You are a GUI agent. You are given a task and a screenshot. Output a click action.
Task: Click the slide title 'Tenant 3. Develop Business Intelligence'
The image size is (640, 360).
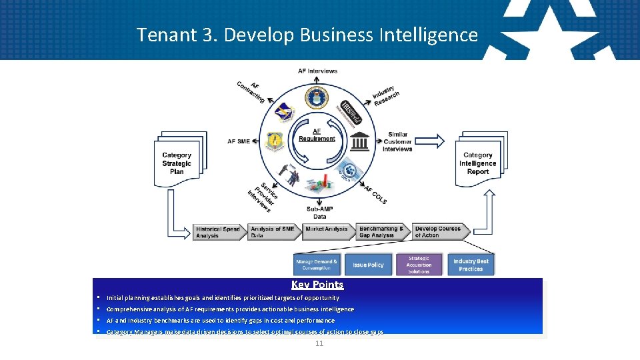point(307,35)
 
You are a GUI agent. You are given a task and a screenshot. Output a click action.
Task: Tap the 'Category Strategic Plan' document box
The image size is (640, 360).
point(177,163)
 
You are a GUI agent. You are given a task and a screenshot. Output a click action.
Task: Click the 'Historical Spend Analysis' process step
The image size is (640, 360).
point(219,232)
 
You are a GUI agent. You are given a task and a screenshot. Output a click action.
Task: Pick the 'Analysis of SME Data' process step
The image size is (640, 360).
point(273,232)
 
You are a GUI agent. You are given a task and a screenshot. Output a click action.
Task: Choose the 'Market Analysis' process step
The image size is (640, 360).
point(327,230)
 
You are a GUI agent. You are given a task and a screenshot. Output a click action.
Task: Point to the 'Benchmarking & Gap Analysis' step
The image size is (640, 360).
point(382,232)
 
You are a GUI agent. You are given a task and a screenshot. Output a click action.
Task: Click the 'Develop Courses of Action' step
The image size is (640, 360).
point(438,232)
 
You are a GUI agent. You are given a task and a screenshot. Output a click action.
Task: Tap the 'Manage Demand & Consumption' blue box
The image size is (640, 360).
point(317,265)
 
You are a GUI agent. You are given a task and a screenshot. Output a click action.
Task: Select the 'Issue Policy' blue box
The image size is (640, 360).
point(368,265)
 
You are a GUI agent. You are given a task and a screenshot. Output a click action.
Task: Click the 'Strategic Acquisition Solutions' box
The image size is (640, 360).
point(419,265)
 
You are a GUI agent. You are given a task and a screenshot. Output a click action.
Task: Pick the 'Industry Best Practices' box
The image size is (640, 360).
point(471,265)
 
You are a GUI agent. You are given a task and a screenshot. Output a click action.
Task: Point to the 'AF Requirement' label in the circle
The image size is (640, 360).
point(317,135)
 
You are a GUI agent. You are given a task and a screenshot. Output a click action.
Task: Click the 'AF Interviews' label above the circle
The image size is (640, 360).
point(317,71)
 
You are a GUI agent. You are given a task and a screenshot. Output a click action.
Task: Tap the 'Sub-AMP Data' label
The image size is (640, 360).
point(321,213)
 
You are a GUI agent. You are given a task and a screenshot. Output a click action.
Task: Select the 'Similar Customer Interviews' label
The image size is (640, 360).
point(397,142)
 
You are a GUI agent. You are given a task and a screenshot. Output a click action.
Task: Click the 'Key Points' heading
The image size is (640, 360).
point(317,285)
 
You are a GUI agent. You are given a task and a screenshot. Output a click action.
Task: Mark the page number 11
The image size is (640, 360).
point(319,343)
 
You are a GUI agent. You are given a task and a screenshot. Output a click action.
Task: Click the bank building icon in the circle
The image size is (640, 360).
point(361,142)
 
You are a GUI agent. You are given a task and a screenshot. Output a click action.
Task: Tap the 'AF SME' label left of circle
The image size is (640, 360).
point(239,141)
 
